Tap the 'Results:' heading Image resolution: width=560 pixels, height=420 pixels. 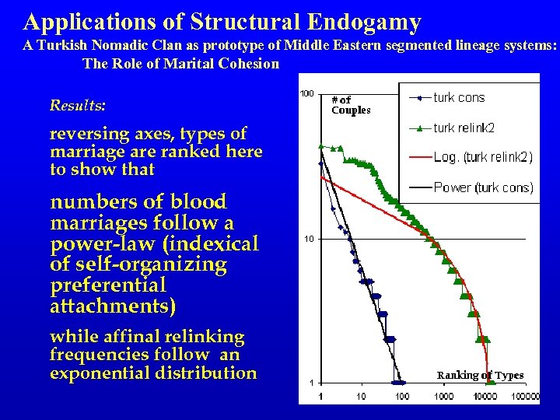(x=78, y=105)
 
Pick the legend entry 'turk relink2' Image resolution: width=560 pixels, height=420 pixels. (x=464, y=128)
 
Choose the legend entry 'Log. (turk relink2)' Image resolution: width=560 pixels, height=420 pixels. (x=482, y=157)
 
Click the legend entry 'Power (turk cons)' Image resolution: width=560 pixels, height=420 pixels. (x=483, y=187)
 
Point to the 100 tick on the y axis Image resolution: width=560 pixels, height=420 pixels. (x=307, y=94)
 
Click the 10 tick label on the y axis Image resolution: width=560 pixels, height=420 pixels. (x=309, y=239)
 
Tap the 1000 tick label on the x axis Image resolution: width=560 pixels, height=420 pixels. (x=443, y=397)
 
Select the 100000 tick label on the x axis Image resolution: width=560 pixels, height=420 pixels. (x=524, y=397)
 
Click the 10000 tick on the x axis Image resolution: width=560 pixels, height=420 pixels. (x=485, y=397)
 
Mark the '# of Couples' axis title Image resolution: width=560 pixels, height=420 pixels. (x=350, y=105)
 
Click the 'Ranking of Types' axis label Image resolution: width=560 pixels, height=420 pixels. (x=480, y=376)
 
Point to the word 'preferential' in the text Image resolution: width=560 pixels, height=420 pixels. (x=99, y=285)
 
